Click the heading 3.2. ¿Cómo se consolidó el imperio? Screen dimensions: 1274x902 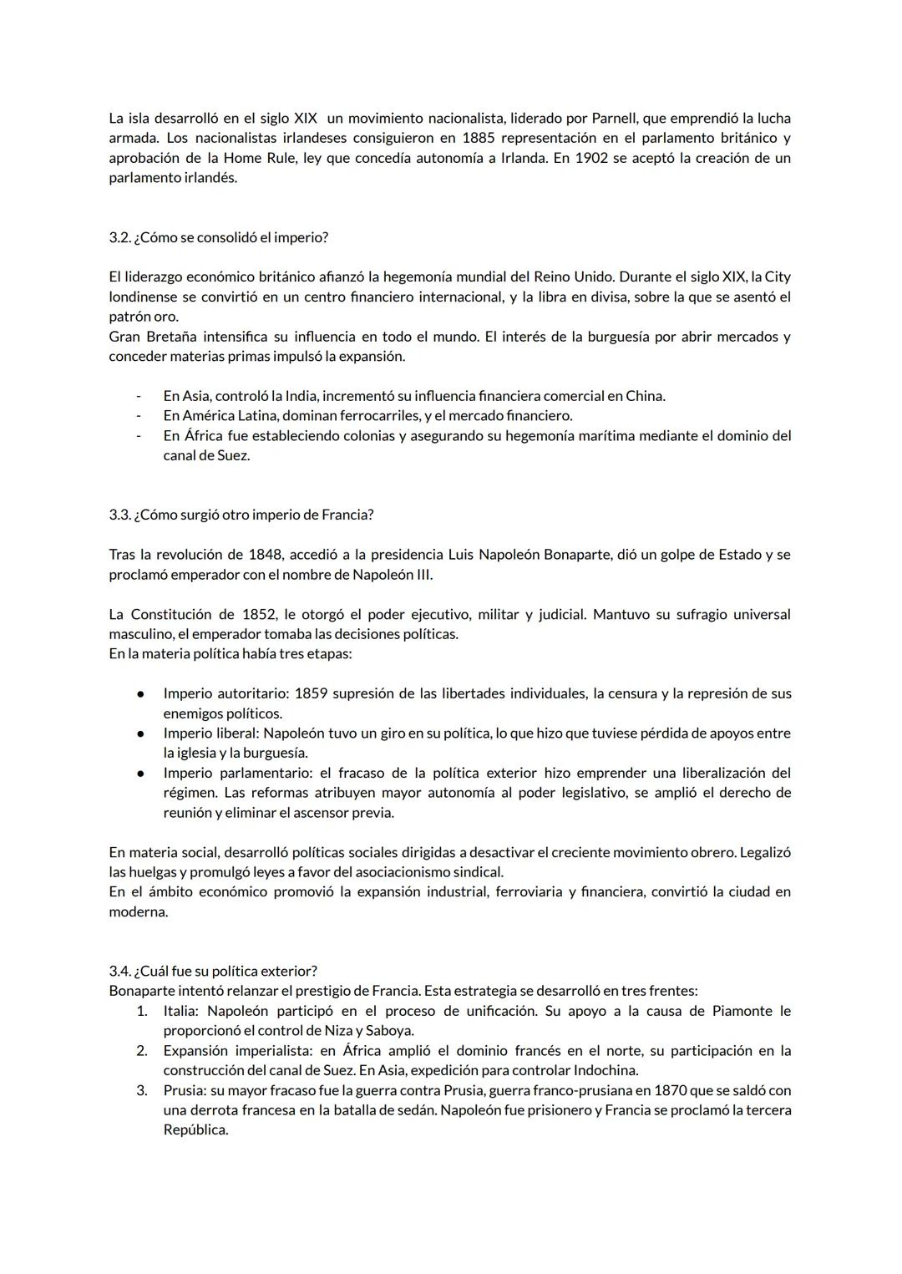218,237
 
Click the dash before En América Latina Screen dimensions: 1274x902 139,416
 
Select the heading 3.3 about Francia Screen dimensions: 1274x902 241,515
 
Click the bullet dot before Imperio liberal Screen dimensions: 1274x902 142,733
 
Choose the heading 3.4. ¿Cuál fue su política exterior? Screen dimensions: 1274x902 213,971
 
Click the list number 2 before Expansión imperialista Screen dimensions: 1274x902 142,1051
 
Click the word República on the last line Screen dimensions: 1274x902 195,1130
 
